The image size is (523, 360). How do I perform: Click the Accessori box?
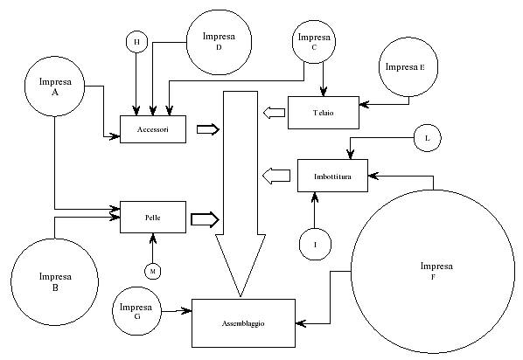153,129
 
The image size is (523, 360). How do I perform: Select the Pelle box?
153,217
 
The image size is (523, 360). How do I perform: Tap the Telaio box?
324,113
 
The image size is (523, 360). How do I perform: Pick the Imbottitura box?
332,176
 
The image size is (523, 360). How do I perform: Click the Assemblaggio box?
243,323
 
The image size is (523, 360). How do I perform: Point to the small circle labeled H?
136,42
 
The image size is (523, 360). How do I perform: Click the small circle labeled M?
153,272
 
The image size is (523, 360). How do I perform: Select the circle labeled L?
428,138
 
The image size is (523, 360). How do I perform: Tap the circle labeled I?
315,245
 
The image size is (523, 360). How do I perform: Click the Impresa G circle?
136,311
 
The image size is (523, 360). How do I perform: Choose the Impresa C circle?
314,42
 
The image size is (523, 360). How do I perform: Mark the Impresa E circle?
408,67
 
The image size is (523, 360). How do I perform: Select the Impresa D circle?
219,42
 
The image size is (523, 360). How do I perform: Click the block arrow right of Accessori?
208,129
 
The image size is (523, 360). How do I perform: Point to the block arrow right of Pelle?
205,219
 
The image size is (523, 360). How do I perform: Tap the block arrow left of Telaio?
274,113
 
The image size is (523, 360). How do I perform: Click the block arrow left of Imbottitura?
276,176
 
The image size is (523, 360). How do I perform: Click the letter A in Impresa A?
55,93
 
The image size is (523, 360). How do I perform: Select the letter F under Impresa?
433,277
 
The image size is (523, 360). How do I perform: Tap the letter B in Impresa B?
55,287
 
